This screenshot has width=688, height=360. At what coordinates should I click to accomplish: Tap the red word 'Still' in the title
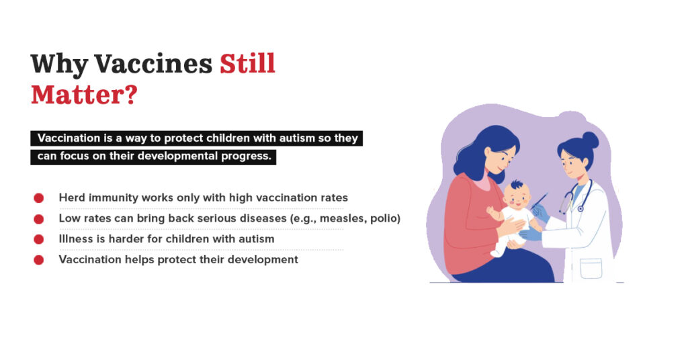click(247, 64)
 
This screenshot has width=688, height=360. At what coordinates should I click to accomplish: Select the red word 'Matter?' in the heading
click(84, 94)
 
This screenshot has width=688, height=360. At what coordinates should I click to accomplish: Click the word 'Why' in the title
click(59, 64)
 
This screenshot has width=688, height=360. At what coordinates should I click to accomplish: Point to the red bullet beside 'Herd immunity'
click(38, 198)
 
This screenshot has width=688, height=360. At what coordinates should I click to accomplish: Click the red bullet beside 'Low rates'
click(38, 218)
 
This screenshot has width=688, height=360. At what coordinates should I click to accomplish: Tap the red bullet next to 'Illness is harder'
click(38, 239)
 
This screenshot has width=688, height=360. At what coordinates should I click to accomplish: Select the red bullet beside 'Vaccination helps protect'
click(38, 259)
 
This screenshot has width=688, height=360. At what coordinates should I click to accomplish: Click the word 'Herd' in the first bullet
click(71, 198)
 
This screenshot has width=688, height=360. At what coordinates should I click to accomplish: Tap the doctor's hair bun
click(590, 140)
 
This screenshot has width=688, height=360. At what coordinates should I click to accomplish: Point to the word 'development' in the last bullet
click(265, 259)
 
